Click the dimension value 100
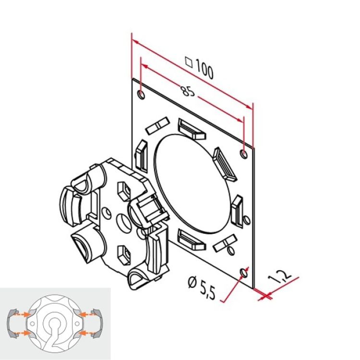click(x=204, y=71)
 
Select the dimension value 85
click(x=189, y=91)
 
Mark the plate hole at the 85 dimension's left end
click(x=140, y=94)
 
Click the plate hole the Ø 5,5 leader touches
click(x=244, y=273)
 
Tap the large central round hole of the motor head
click(x=123, y=222)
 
